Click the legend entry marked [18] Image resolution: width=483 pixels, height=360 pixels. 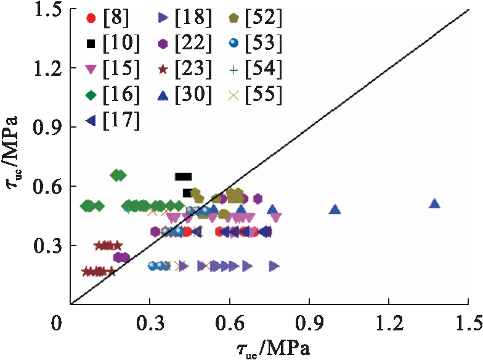point(177,18)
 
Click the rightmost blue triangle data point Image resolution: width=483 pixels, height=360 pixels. point(434,203)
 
